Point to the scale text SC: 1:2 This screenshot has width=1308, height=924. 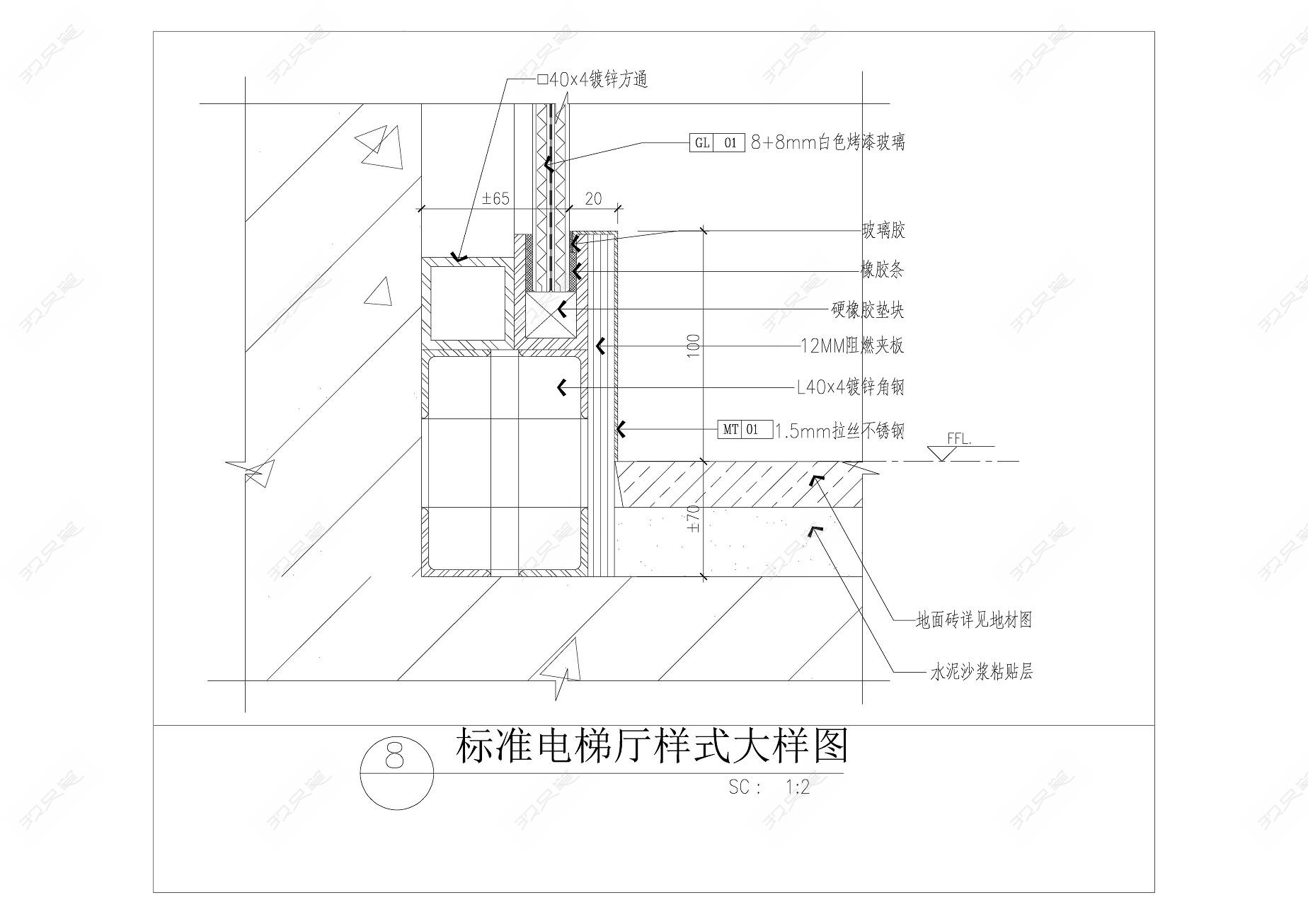[769, 787]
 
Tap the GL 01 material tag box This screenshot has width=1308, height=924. [716, 143]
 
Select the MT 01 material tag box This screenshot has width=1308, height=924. [745, 429]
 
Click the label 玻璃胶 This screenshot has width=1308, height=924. [883, 230]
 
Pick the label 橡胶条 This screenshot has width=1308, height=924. [882, 270]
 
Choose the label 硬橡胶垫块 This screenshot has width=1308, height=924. [867, 310]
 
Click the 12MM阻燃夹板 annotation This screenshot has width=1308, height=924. [852, 346]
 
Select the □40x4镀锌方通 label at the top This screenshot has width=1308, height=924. [592, 80]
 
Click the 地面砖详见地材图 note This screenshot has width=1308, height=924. [974, 620]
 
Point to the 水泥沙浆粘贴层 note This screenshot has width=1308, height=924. [982, 671]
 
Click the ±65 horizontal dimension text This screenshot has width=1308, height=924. [495, 198]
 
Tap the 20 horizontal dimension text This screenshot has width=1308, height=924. [594, 198]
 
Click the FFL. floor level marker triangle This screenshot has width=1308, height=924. [941, 453]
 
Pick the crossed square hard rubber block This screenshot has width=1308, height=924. [551, 316]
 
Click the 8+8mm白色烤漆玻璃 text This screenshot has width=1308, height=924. [827, 143]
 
